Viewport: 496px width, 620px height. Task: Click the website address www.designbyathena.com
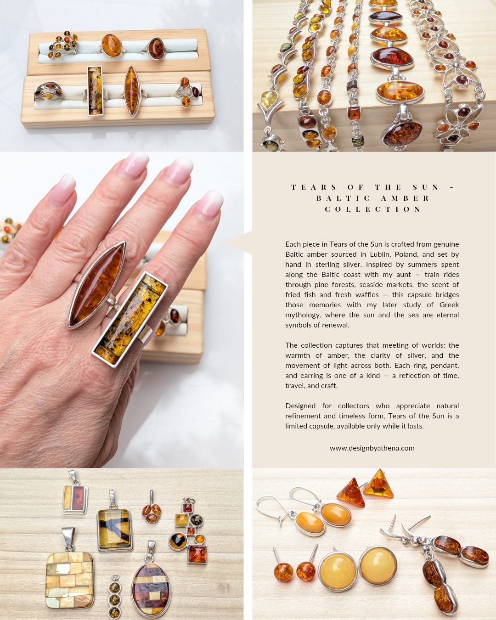(372, 448)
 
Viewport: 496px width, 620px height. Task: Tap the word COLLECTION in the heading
(372, 209)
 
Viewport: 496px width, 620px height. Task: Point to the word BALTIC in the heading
(343, 198)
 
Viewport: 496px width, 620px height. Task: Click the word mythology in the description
(303, 315)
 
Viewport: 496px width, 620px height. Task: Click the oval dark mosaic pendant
(151, 591)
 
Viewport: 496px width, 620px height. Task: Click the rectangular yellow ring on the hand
(130, 319)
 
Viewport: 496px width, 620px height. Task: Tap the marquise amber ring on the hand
(97, 285)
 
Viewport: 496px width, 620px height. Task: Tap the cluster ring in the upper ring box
(63, 45)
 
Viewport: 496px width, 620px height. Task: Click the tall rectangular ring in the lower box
(95, 91)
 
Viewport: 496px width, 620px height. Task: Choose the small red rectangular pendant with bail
(75, 499)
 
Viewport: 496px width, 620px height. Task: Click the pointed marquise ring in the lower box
(131, 91)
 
